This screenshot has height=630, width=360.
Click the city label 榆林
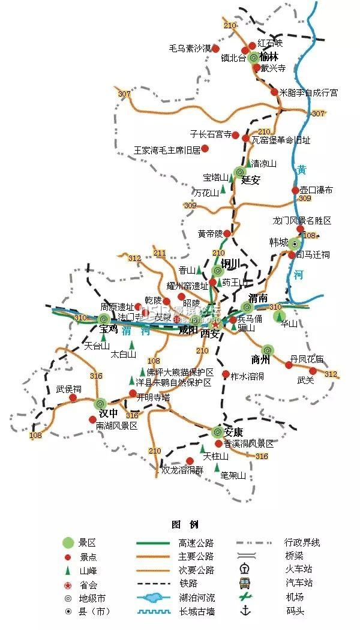269,58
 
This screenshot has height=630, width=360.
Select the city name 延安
250,180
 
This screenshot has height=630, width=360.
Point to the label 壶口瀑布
316,190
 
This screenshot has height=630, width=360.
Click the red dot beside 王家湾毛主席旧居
205,148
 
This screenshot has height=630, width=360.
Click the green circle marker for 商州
268,349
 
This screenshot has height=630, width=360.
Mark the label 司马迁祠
313,255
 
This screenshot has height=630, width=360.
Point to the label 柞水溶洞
248,376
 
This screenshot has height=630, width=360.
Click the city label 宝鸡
109,329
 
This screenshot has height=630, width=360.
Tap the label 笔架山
233,475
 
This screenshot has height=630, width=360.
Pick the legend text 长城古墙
196,611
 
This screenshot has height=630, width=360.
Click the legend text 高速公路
196,543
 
